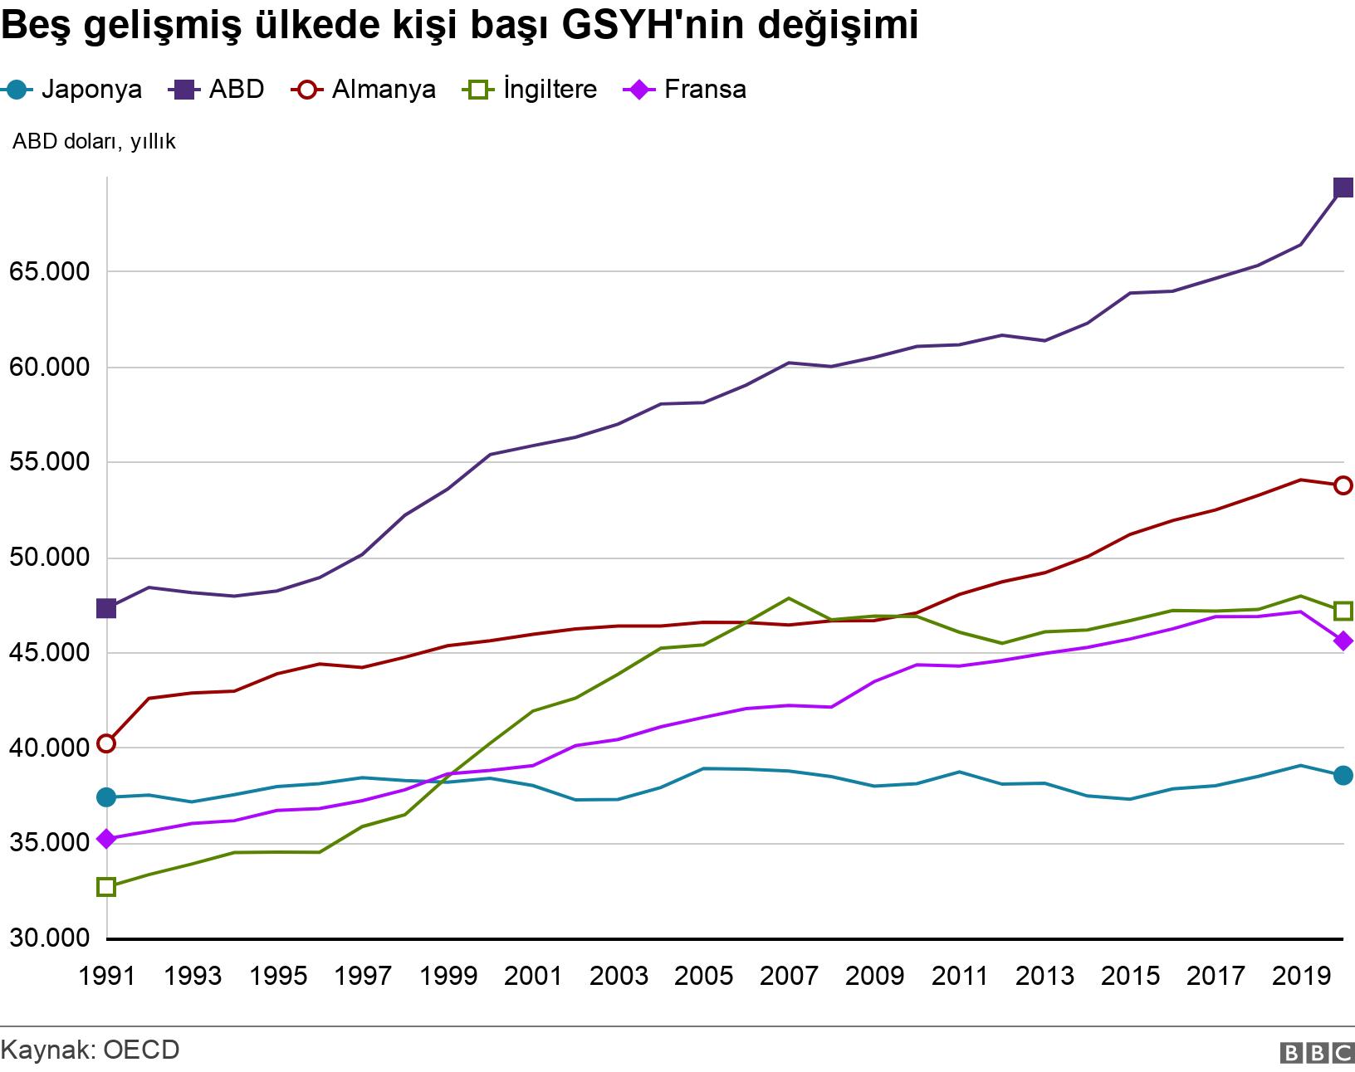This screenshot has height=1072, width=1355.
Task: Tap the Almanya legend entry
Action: click(365, 89)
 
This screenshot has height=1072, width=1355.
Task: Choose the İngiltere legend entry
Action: click(531, 89)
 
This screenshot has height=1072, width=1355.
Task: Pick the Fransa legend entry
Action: click(686, 89)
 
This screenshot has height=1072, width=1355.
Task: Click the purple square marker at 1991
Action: click(106, 608)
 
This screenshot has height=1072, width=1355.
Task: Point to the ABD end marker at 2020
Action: click(1343, 188)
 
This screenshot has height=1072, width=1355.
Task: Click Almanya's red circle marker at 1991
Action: click(106, 743)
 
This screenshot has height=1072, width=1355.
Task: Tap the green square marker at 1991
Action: click(106, 887)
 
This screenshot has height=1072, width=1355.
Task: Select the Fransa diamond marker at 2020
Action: click(1343, 641)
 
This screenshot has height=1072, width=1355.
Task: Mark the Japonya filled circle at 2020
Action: click(1343, 775)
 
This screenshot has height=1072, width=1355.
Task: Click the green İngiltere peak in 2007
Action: click(788, 598)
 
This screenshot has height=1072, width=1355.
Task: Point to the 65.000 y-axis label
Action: click(49, 272)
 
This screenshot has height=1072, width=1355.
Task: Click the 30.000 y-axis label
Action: click(49, 939)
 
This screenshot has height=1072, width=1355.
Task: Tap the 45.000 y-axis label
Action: click(49, 653)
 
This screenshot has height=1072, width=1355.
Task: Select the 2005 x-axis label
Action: click(703, 976)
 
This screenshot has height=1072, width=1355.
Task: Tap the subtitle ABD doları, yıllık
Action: click(94, 142)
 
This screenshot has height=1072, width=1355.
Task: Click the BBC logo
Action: click(1318, 1053)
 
